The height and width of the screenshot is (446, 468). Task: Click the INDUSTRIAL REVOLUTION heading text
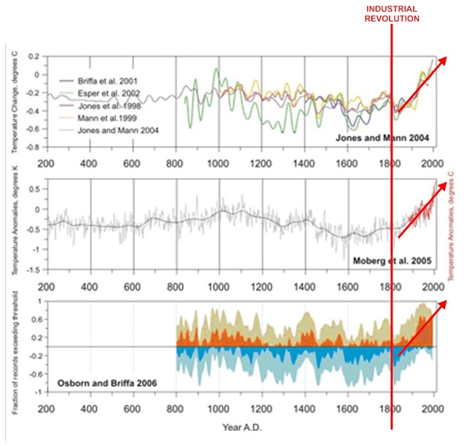(x=392, y=13)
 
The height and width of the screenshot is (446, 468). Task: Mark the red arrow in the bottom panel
(x=421, y=327)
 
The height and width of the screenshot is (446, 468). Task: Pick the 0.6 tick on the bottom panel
(x=35, y=319)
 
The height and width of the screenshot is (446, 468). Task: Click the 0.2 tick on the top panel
(x=35, y=57)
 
